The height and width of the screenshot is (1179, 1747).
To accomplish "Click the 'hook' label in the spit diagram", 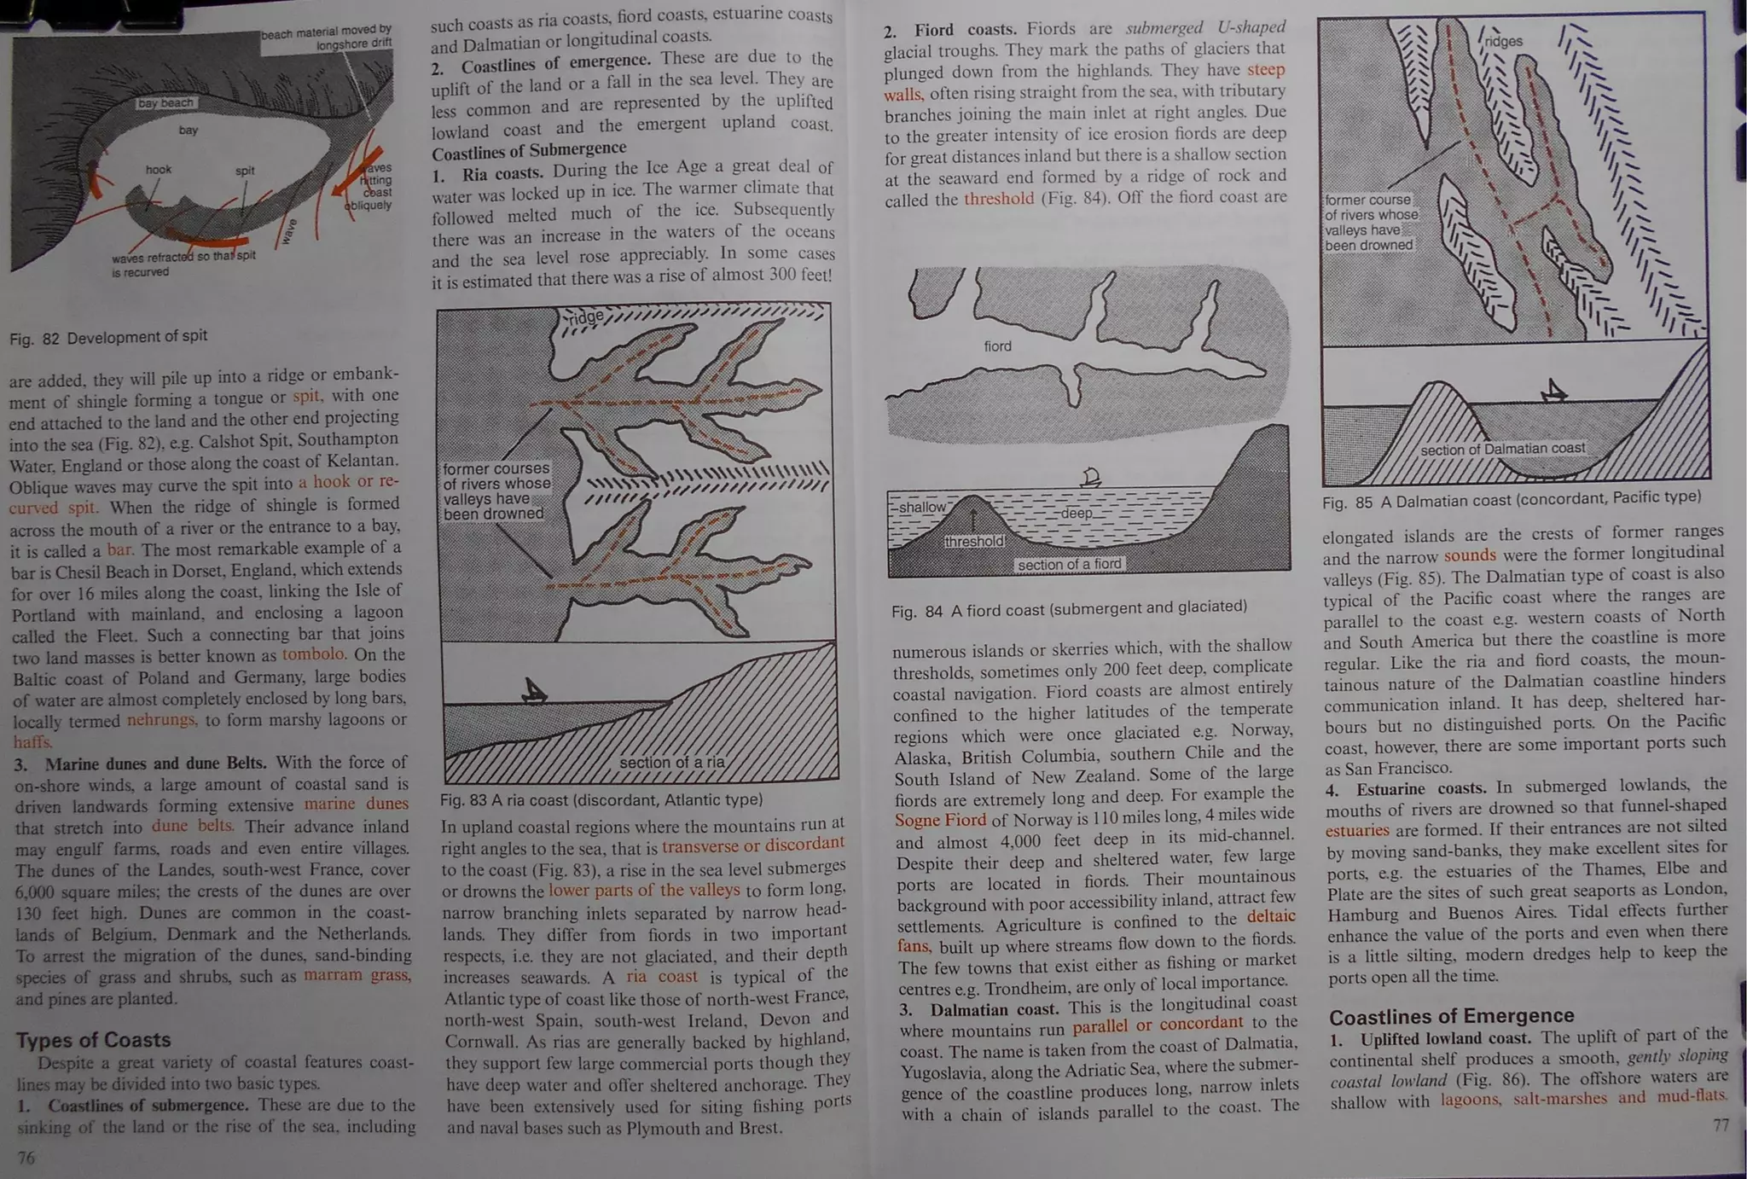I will pos(159,170).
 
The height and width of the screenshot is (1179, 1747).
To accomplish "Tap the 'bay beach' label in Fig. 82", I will pos(165,103).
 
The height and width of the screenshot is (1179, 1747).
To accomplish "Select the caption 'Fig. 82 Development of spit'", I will pos(108,337).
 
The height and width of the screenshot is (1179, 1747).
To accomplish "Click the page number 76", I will pos(26,1158).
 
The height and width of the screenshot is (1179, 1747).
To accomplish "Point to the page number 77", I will pos(1721,1125).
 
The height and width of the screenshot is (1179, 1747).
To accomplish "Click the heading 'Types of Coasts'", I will pos(93,1040).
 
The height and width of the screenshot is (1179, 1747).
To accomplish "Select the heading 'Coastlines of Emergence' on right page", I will pos(1451,1016).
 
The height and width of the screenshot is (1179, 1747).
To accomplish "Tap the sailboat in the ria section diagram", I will pos(534,690).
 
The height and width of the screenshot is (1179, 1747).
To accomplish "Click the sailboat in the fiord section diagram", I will pos(1090,477).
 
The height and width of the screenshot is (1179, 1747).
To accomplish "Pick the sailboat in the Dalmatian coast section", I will pos(1554,392).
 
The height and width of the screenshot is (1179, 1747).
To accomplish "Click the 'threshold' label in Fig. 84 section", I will pos(974,541).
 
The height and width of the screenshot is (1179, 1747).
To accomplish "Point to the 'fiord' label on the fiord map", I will pos(997,346).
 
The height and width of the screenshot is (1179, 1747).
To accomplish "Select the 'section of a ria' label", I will pos(671,762).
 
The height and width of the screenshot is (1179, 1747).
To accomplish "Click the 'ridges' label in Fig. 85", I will pos(1503,41).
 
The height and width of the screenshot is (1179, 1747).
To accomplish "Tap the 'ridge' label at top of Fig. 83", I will pos(586,317).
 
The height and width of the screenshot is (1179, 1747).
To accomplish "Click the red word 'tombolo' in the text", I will pos(313,654).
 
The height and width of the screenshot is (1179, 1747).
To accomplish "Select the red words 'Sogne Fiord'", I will pos(940,820).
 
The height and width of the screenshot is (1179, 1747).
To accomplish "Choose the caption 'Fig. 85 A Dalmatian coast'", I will pos(1511,500).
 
